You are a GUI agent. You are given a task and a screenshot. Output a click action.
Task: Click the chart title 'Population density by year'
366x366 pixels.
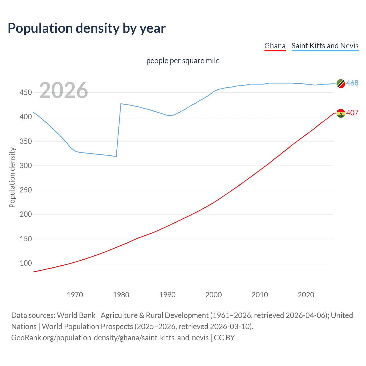click(x=87, y=28)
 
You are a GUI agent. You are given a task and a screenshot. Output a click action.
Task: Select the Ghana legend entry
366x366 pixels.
click(x=275, y=46)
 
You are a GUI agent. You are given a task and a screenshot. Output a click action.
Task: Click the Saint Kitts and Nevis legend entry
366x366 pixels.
click(x=325, y=46)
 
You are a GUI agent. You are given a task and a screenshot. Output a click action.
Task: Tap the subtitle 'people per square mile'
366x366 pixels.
click(x=183, y=61)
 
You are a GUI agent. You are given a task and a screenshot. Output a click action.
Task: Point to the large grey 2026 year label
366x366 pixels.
click(x=63, y=90)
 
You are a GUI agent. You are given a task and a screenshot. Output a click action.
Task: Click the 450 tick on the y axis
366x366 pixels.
click(x=25, y=93)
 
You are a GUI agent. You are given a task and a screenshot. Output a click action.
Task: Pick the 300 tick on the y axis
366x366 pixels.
click(x=25, y=166)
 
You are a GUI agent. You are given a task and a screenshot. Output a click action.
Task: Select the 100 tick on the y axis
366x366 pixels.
click(x=25, y=263)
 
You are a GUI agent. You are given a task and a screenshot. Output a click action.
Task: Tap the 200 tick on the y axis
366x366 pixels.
click(x=25, y=214)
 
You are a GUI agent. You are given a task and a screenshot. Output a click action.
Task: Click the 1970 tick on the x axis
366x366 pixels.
click(x=75, y=295)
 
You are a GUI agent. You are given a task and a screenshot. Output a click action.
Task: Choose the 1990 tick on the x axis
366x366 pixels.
click(x=167, y=295)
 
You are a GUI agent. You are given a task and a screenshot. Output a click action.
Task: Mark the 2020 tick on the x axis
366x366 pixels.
click(x=306, y=295)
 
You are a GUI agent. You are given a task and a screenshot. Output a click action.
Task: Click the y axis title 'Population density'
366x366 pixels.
click(x=12, y=177)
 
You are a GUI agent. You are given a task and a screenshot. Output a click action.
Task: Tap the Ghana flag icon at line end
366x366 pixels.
click(x=341, y=113)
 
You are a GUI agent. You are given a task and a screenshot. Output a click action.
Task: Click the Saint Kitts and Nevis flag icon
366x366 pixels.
click(x=341, y=83)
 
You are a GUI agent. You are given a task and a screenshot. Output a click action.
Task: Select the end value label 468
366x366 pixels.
click(x=352, y=83)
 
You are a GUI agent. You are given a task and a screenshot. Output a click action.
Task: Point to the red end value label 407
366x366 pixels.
click(x=352, y=113)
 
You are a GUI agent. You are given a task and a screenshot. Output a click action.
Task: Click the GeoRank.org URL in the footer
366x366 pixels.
click(x=110, y=338)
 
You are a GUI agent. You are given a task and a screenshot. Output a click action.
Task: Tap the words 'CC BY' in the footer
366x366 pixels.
click(x=224, y=338)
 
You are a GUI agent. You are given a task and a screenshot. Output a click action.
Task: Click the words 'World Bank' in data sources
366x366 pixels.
click(x=76, y=315)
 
